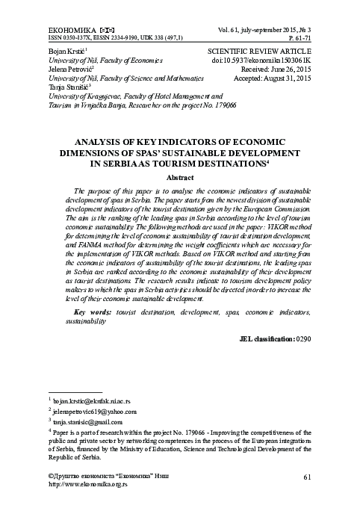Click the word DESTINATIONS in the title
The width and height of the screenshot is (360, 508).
[254, 161]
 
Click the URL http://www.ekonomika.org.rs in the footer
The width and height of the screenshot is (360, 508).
[88, 484]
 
